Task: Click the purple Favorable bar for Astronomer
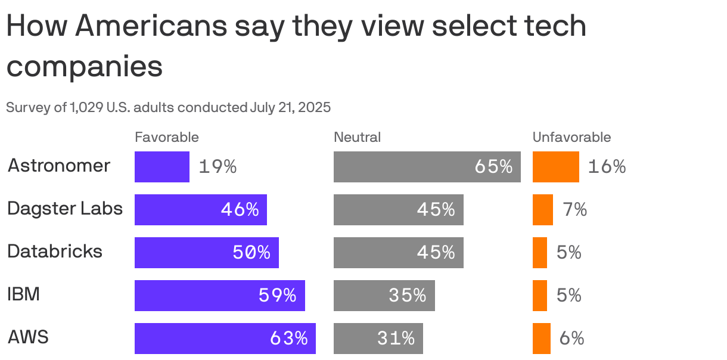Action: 161,167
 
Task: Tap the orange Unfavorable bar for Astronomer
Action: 555,167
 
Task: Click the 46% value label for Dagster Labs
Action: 240,210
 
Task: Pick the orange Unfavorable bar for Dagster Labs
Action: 542,210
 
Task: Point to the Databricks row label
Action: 55,252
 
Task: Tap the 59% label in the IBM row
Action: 277,296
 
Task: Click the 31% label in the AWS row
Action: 396,339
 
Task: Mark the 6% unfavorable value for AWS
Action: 571,339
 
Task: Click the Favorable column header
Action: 167,138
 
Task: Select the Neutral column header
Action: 357,138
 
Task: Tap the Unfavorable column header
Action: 571,138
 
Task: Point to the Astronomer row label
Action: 59,166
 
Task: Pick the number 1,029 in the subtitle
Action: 86,108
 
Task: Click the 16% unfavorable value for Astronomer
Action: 607,167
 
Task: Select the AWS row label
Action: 28,338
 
